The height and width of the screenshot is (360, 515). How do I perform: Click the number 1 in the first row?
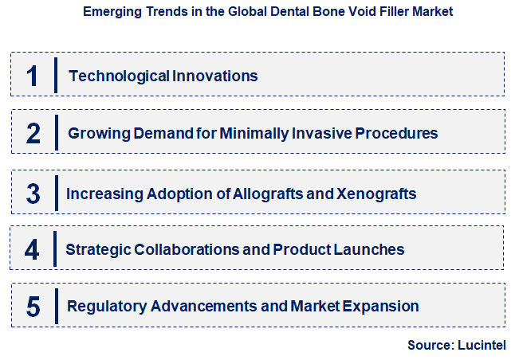pyautogui.click(x=32, y=76)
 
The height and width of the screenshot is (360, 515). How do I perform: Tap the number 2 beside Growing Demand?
pyautogui.click(x=33, y=133)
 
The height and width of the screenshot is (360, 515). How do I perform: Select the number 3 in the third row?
pyautogui.click(x=33, y=194)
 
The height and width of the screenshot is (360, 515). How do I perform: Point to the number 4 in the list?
pyautogui.click(x=32, y=249)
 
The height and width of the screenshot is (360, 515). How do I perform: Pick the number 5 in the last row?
pyautogui.click(x=33, y=307)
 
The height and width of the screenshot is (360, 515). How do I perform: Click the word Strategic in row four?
pyautogui.click(x=98, y=249)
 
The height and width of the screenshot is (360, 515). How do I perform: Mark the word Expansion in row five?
pyautogui.click(x=382, y=307)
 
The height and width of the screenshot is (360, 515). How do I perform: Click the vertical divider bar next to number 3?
pyautogui.click(x=56, y=194)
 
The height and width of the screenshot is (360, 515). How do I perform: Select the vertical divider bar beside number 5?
pyautogui.click(x=56, y=307)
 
